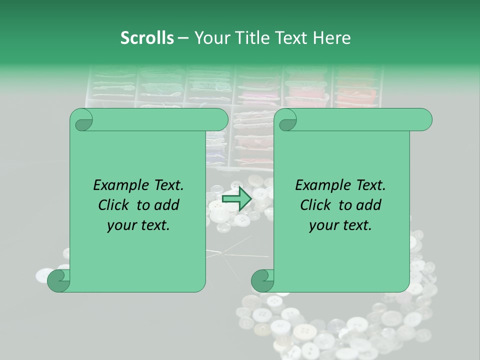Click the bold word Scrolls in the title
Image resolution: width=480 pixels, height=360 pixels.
147,38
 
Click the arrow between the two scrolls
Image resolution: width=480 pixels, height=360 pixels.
237,199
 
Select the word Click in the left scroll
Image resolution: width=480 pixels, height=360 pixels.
115,205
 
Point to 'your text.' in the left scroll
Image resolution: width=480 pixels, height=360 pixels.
138,225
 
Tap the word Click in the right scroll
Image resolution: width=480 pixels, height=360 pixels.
317,205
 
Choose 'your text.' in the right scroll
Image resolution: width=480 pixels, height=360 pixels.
340,225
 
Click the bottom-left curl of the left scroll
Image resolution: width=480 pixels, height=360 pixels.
58,281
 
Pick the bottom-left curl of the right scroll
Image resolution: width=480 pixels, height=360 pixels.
262,281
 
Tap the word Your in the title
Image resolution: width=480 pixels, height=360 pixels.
209,38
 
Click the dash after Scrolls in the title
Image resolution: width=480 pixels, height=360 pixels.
183,38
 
